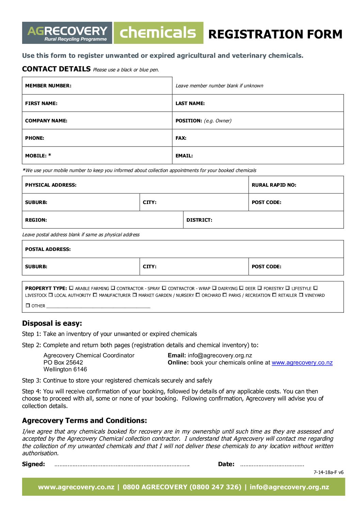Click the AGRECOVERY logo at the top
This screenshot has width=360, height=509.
pos(67,33)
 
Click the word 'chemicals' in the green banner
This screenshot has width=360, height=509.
pos(158,33)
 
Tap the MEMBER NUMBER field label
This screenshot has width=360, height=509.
pos(48,86)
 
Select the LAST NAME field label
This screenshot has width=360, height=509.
pos(190,103)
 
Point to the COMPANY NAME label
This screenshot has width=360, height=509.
pos(46,121)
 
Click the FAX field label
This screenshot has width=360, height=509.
pos(181,138)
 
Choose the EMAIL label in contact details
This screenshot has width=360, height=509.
pos(184,156)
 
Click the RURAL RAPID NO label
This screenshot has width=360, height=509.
pos(274,185)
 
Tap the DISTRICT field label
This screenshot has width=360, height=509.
pos(199,220)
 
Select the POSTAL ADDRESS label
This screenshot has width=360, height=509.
pos(48,249)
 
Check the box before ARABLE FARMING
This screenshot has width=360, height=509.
pos(71,288)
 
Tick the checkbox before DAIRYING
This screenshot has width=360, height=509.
pos(214,288)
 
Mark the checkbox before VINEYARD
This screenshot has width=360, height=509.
pos(301,295)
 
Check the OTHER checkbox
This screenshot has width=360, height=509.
pos(28,305)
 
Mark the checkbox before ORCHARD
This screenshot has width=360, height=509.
pos(198,295)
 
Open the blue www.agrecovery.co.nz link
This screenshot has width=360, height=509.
pos(302,363)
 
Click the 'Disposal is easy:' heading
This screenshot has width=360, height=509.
pos(52,323)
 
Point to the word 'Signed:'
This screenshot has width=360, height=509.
pos(33,464)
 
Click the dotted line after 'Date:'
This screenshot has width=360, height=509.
pos(272,465)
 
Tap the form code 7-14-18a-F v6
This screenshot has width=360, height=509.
pos(328,472)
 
